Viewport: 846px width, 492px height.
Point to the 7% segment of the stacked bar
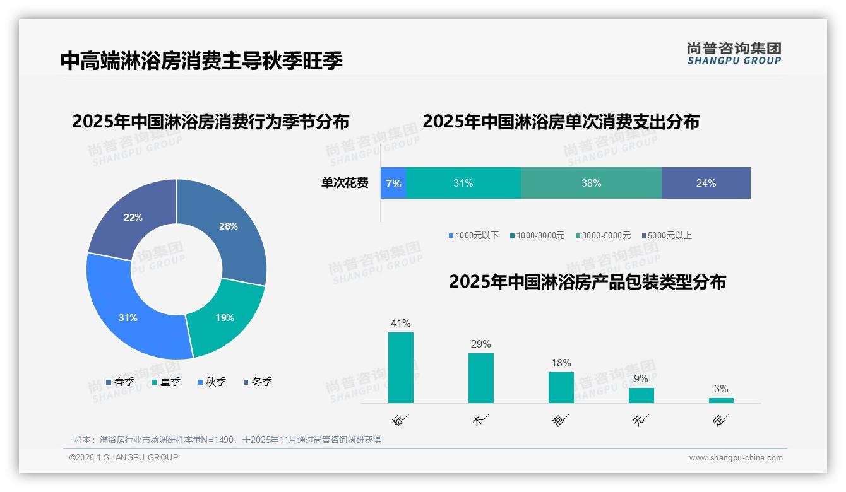coord(393,183)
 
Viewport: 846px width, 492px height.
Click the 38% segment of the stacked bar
coord(591,183)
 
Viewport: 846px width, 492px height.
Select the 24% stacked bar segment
coord(706,183)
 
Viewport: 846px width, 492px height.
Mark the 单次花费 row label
coord(345,183)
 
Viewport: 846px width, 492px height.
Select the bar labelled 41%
coord(401,368)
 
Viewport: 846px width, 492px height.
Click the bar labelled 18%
coord(561,387)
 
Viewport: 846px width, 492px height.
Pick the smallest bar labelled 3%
coord(721,400)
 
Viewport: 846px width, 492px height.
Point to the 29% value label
coord(480,344)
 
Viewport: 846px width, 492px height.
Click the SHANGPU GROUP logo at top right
coord(734,54)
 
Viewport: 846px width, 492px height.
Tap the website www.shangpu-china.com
coord(736,458)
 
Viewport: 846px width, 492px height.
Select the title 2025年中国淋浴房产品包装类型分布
coord(587,282)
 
